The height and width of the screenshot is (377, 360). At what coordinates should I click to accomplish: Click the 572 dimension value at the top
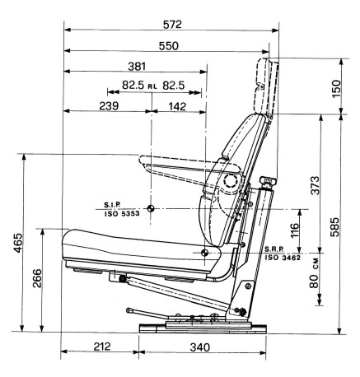[x=172, y=25]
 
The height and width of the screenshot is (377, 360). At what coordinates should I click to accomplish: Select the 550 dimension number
[x=169, y=46]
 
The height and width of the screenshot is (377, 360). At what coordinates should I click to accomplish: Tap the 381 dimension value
[x=137, y=67]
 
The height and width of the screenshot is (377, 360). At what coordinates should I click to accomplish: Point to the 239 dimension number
[x=109, y=105]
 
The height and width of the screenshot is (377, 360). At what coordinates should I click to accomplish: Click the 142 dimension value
[x=177, y=106]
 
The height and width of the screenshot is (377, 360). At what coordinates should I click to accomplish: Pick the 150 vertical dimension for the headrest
[x=336, y=88]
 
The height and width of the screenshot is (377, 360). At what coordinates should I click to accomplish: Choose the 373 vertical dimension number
[x=315, y=185]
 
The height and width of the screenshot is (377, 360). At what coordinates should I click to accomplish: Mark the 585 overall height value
[x=334, y=227]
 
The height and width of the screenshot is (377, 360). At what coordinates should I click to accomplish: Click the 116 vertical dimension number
[x=294, y=230]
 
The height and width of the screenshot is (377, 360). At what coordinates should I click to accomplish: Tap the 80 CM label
[x=314, y=273]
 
